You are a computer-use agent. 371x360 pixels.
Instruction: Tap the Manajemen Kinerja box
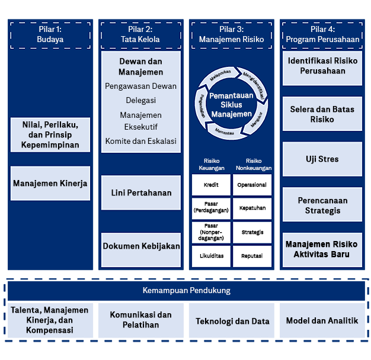coord(50,183)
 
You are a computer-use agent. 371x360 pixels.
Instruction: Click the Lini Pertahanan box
coord(141,192)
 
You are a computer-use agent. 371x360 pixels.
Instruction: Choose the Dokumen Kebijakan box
coord(141,246)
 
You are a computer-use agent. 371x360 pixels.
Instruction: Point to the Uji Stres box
coord(322,159)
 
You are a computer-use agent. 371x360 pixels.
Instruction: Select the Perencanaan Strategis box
coord(322,205)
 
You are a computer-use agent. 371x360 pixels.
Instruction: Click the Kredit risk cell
coord(211,185)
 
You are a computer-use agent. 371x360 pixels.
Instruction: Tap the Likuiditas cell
coord(211,256)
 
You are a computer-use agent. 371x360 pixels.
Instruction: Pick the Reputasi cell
coord(252,256)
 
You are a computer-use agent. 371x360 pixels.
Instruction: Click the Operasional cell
coord(252,185)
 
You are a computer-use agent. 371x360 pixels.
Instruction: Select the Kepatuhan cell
coord(252,208)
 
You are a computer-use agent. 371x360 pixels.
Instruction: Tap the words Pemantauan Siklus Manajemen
coord(231,104)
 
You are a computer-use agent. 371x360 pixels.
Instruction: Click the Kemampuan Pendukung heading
coord(186,291)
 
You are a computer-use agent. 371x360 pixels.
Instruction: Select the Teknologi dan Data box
coord(232,322)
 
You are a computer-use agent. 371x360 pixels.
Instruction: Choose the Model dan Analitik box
coord(322,320)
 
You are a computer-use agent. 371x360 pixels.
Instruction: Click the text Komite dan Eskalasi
coord(141,141)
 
